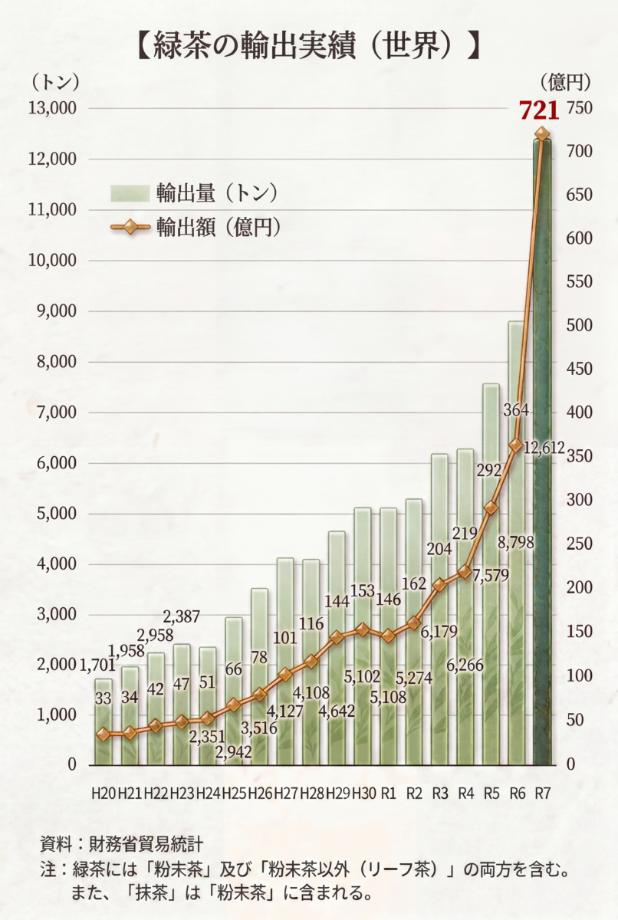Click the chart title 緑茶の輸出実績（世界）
click(308, 48)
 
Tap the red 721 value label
click(539, 110)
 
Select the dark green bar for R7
click(542, 452)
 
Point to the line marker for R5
click(491, 508)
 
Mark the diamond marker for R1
click(388, 636)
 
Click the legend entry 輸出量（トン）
click(193, 192)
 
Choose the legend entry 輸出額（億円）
click(195, 227)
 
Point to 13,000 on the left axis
click(52, 108)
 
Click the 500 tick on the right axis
click(580, 325)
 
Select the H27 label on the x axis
click(286, 793)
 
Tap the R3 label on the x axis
click(440, 793)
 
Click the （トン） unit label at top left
click(54, 83)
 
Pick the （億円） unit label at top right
click(566, 83)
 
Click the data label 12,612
click(544, 448)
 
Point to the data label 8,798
click(516, 543)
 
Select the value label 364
click(516, 410)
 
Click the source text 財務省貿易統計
click(146, 844)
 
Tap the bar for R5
click(491, 574)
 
